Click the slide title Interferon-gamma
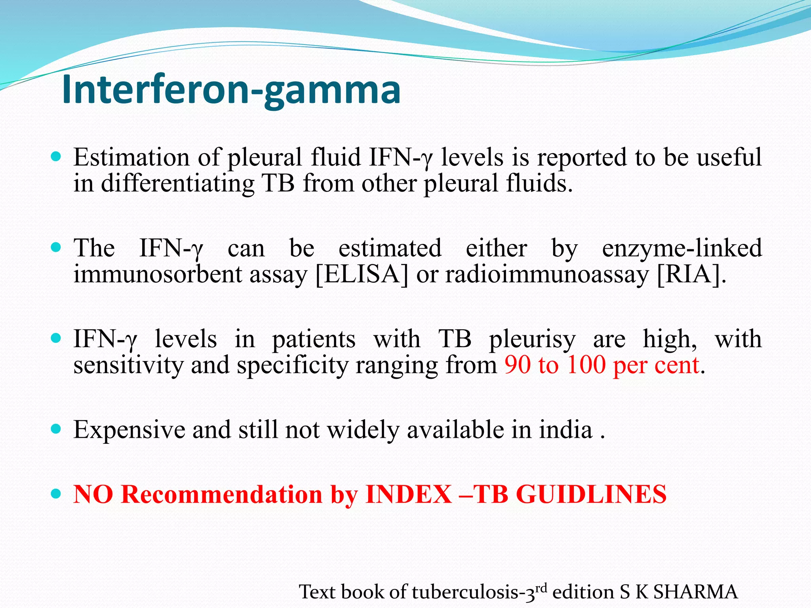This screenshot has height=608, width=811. point(231,90)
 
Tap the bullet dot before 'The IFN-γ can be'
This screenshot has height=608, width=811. point(56,248)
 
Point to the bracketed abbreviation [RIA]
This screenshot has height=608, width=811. point(691,274)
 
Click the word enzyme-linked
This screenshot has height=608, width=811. point(682,249)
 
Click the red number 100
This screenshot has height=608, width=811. point(586,365)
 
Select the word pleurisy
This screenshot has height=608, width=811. point(532,340)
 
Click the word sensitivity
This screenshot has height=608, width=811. point(128,365)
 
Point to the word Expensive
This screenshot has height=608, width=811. point(129,430)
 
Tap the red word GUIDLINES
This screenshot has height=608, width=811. point(592,494)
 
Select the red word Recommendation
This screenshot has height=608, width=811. point(222,494)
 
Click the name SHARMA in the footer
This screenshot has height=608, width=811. point(695,592)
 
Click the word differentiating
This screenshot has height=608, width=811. point(177,184)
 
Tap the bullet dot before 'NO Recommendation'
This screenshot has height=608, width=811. point(56,494)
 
